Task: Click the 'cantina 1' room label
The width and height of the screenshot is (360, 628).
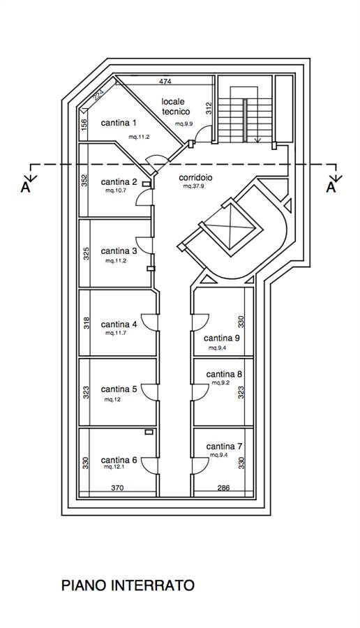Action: pos(119,123)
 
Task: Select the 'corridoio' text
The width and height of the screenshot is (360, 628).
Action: pos(195,177)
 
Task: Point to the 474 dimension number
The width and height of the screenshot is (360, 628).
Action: pos(165,82)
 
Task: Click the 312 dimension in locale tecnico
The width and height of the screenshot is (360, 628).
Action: pos(209,108)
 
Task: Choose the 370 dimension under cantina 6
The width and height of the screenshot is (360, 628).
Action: pos(117,488)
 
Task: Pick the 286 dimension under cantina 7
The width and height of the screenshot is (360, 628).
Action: pos(223,488)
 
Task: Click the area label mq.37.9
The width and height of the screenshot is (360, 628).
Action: pos(194,186)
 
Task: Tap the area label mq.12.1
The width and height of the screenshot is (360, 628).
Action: pos(114,467)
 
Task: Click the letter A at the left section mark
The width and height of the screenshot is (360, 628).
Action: pos(25,188)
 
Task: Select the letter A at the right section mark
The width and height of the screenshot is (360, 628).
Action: pos(331,188)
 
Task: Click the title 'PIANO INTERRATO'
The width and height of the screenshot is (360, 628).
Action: pos(128,585)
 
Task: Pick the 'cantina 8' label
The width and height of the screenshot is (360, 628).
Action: pos(224,375)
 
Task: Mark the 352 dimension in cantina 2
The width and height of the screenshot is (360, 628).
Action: pos(84,181)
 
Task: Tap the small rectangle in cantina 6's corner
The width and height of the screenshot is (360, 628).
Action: pos(149,432)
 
